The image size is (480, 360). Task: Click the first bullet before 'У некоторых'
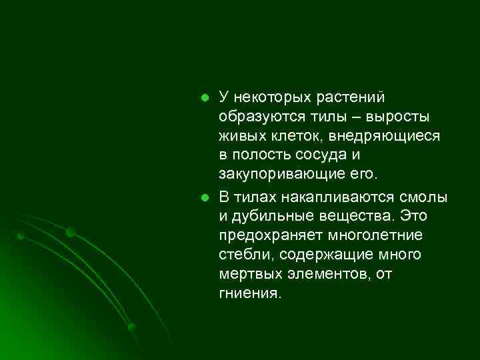click(206, 98)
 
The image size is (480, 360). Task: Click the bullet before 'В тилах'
click(206, 198)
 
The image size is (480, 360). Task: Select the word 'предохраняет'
click(270, 236)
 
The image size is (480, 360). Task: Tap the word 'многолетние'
click(378, 236)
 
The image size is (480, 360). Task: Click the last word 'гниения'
click(247, 294)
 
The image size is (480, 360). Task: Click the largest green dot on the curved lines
click(71, 232)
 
